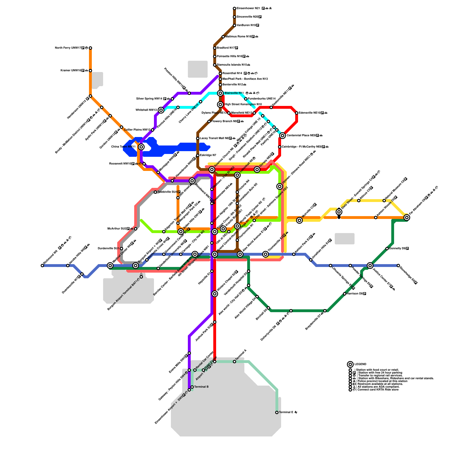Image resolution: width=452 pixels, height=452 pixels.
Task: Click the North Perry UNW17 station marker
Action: pos(90,48)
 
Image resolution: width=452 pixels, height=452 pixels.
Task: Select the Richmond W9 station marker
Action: pos(42,266)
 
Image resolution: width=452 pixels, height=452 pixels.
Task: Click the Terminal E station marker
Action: pos(277,412)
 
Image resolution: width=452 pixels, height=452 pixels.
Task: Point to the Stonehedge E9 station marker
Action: pos(398,266)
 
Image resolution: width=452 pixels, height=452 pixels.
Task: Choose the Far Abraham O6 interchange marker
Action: pos(407,218)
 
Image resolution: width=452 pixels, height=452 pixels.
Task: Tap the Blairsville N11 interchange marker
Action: pos(220,93)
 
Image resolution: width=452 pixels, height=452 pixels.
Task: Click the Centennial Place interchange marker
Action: pos(282,136)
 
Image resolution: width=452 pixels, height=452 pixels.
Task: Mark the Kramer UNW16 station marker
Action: pos(90,71)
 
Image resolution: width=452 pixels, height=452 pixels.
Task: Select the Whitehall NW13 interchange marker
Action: pos(161,110)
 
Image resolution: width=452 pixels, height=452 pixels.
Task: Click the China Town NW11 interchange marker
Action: pos(141,147)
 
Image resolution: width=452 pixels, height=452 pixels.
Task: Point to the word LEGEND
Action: pos(360,364)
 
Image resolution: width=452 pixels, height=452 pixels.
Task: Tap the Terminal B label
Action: pos(201,387)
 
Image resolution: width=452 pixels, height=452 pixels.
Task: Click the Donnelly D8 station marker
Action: pos(387,249)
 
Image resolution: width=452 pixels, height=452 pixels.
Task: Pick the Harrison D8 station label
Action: pos(357,294)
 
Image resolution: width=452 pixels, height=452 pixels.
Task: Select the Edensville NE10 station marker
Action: pos(297,113)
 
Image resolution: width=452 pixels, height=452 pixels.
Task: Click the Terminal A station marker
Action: pos(234,362)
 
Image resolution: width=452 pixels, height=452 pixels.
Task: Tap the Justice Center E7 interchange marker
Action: pos(370,266)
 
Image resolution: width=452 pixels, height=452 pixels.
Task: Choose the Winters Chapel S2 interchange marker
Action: pos(215,294)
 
